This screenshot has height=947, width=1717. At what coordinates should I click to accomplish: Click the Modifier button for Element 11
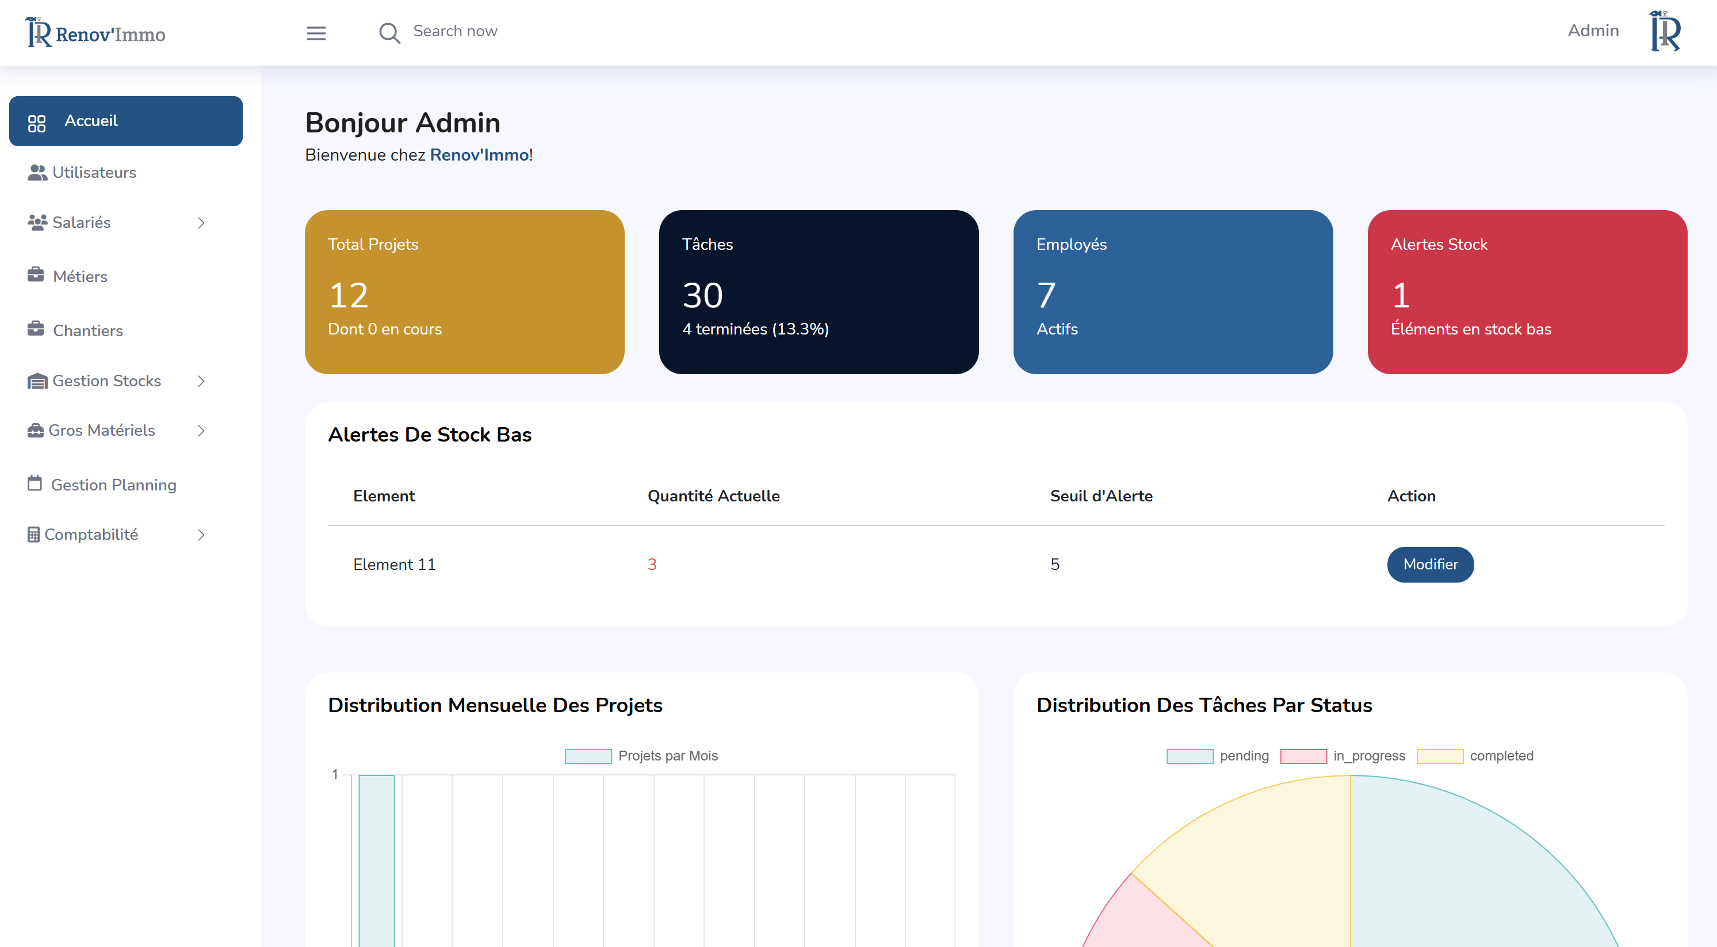1430,564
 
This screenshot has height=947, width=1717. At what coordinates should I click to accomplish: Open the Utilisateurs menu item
93,173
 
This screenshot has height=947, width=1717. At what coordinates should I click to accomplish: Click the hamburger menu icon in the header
316,33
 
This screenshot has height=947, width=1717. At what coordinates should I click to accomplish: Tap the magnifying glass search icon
389,33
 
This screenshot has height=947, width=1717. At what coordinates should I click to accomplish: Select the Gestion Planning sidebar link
113,485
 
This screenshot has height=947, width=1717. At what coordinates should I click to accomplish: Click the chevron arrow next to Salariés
201,223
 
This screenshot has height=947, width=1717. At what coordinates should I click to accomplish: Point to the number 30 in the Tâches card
702,295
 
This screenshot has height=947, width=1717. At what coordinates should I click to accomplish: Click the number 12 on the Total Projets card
349,295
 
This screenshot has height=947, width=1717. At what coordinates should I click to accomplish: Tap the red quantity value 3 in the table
652,564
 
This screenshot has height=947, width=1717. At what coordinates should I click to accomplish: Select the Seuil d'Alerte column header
1100,496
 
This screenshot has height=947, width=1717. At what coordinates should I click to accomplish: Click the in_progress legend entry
1343,756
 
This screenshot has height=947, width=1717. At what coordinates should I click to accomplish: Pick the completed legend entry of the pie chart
1475,756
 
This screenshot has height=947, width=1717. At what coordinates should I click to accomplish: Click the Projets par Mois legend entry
641,756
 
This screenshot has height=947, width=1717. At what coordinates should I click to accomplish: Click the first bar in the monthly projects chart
377,860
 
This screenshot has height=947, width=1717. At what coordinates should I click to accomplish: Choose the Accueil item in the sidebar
125,121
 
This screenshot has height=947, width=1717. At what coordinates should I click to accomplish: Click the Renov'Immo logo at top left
96,33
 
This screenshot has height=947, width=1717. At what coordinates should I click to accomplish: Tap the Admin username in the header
1592,31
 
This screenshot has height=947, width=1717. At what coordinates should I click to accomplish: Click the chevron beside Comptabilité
201,535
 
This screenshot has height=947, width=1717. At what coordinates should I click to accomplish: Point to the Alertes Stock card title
1439,245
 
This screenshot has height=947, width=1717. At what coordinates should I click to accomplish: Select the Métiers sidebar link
79,277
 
